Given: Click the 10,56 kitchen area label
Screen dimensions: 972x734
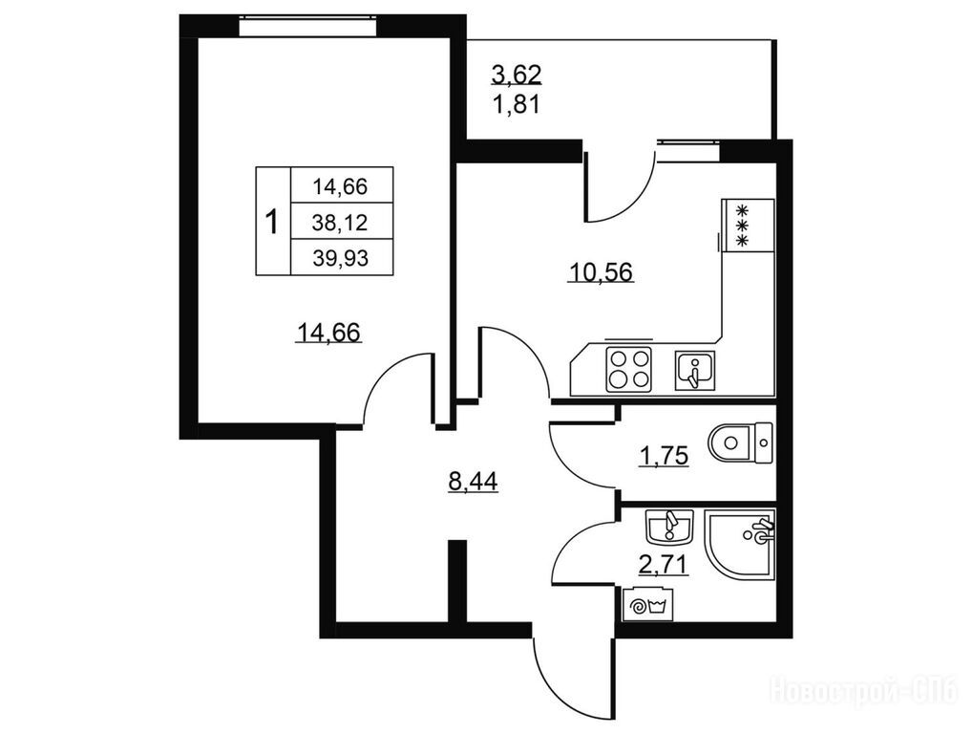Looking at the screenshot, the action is tap(601, 271).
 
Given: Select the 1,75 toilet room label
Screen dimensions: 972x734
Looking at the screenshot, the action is tap(664, 456).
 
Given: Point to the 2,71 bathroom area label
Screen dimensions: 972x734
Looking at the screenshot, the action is tap(664, 564).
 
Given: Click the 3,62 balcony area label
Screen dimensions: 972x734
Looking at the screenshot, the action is tap(517, 75).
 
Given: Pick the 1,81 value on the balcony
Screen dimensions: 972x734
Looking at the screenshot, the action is tap(517, 104).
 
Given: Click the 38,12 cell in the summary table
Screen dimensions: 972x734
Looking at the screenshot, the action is tap(340, 222).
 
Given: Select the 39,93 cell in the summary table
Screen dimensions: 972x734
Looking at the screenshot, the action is tap(340, 257).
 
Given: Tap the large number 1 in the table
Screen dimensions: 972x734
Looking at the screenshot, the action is tap(271, 222).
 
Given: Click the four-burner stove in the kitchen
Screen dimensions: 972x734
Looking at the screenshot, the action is tap(629, 369).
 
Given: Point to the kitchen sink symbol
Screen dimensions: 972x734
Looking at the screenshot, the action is tap(695, 370).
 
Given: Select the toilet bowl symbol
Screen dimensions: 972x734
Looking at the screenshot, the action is tap(740, 443).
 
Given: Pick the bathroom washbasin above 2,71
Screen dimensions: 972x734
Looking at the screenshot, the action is tap(669, 528).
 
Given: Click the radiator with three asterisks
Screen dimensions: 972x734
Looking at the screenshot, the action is tap(749, 226).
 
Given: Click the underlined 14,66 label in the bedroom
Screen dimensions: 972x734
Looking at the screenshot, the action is tap(329, 333).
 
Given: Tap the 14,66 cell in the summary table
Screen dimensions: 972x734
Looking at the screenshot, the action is tap(340, 186).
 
